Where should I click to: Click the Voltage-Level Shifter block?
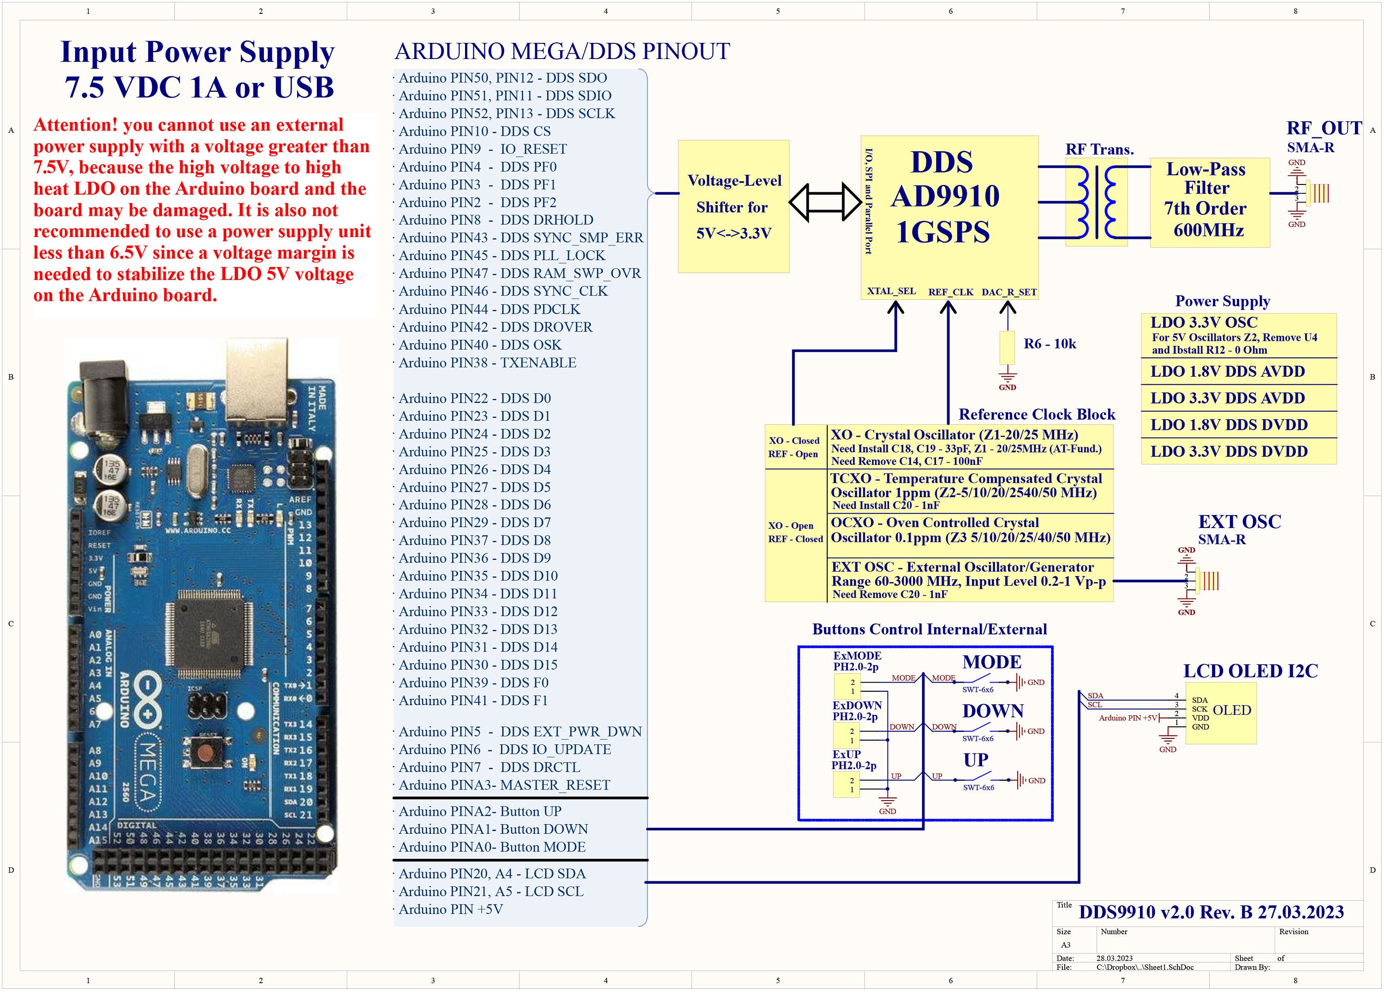pos(733,206)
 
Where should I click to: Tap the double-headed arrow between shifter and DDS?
pos(824,202)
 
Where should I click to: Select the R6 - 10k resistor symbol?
pos(1007,348)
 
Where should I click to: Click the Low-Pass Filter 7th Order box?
pos(1209,202)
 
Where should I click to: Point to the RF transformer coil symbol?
pos(1097,202)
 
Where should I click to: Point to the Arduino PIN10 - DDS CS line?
pos(474,131)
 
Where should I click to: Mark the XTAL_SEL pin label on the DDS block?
pos(891,291)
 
